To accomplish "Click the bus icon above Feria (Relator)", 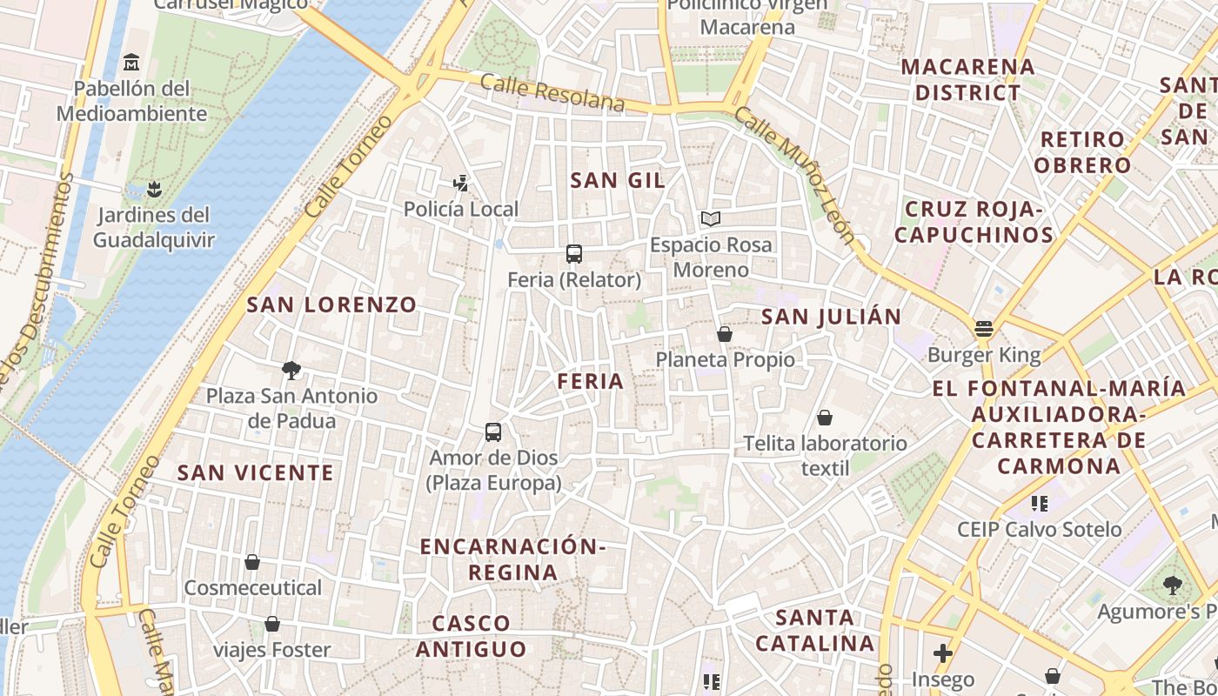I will coord(574,254).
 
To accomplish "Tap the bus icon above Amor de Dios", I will coord(493,432).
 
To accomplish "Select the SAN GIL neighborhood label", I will coord(618,180).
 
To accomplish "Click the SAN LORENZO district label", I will coord(331,304).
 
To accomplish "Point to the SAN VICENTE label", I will coord(255,472).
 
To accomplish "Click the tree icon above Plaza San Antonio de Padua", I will coord(291,371).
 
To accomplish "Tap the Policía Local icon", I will coord(461,183).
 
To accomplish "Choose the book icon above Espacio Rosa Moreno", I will coord(711,218).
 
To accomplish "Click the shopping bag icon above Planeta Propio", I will coord(725,334).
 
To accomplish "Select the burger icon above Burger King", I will coord(984,328).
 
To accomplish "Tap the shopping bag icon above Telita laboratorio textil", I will coord(824,418).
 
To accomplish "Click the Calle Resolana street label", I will coord(552,93).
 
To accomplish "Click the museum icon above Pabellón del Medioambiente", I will coord(131,62).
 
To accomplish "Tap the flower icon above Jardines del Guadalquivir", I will coord(154,189).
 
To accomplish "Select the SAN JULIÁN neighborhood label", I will coord(831,317).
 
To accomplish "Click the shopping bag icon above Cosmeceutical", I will coord(252,562).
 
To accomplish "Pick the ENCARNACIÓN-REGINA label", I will coord(512,559).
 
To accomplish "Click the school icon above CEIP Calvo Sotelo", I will coord(1039,503).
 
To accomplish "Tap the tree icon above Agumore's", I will coord(1172,586).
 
